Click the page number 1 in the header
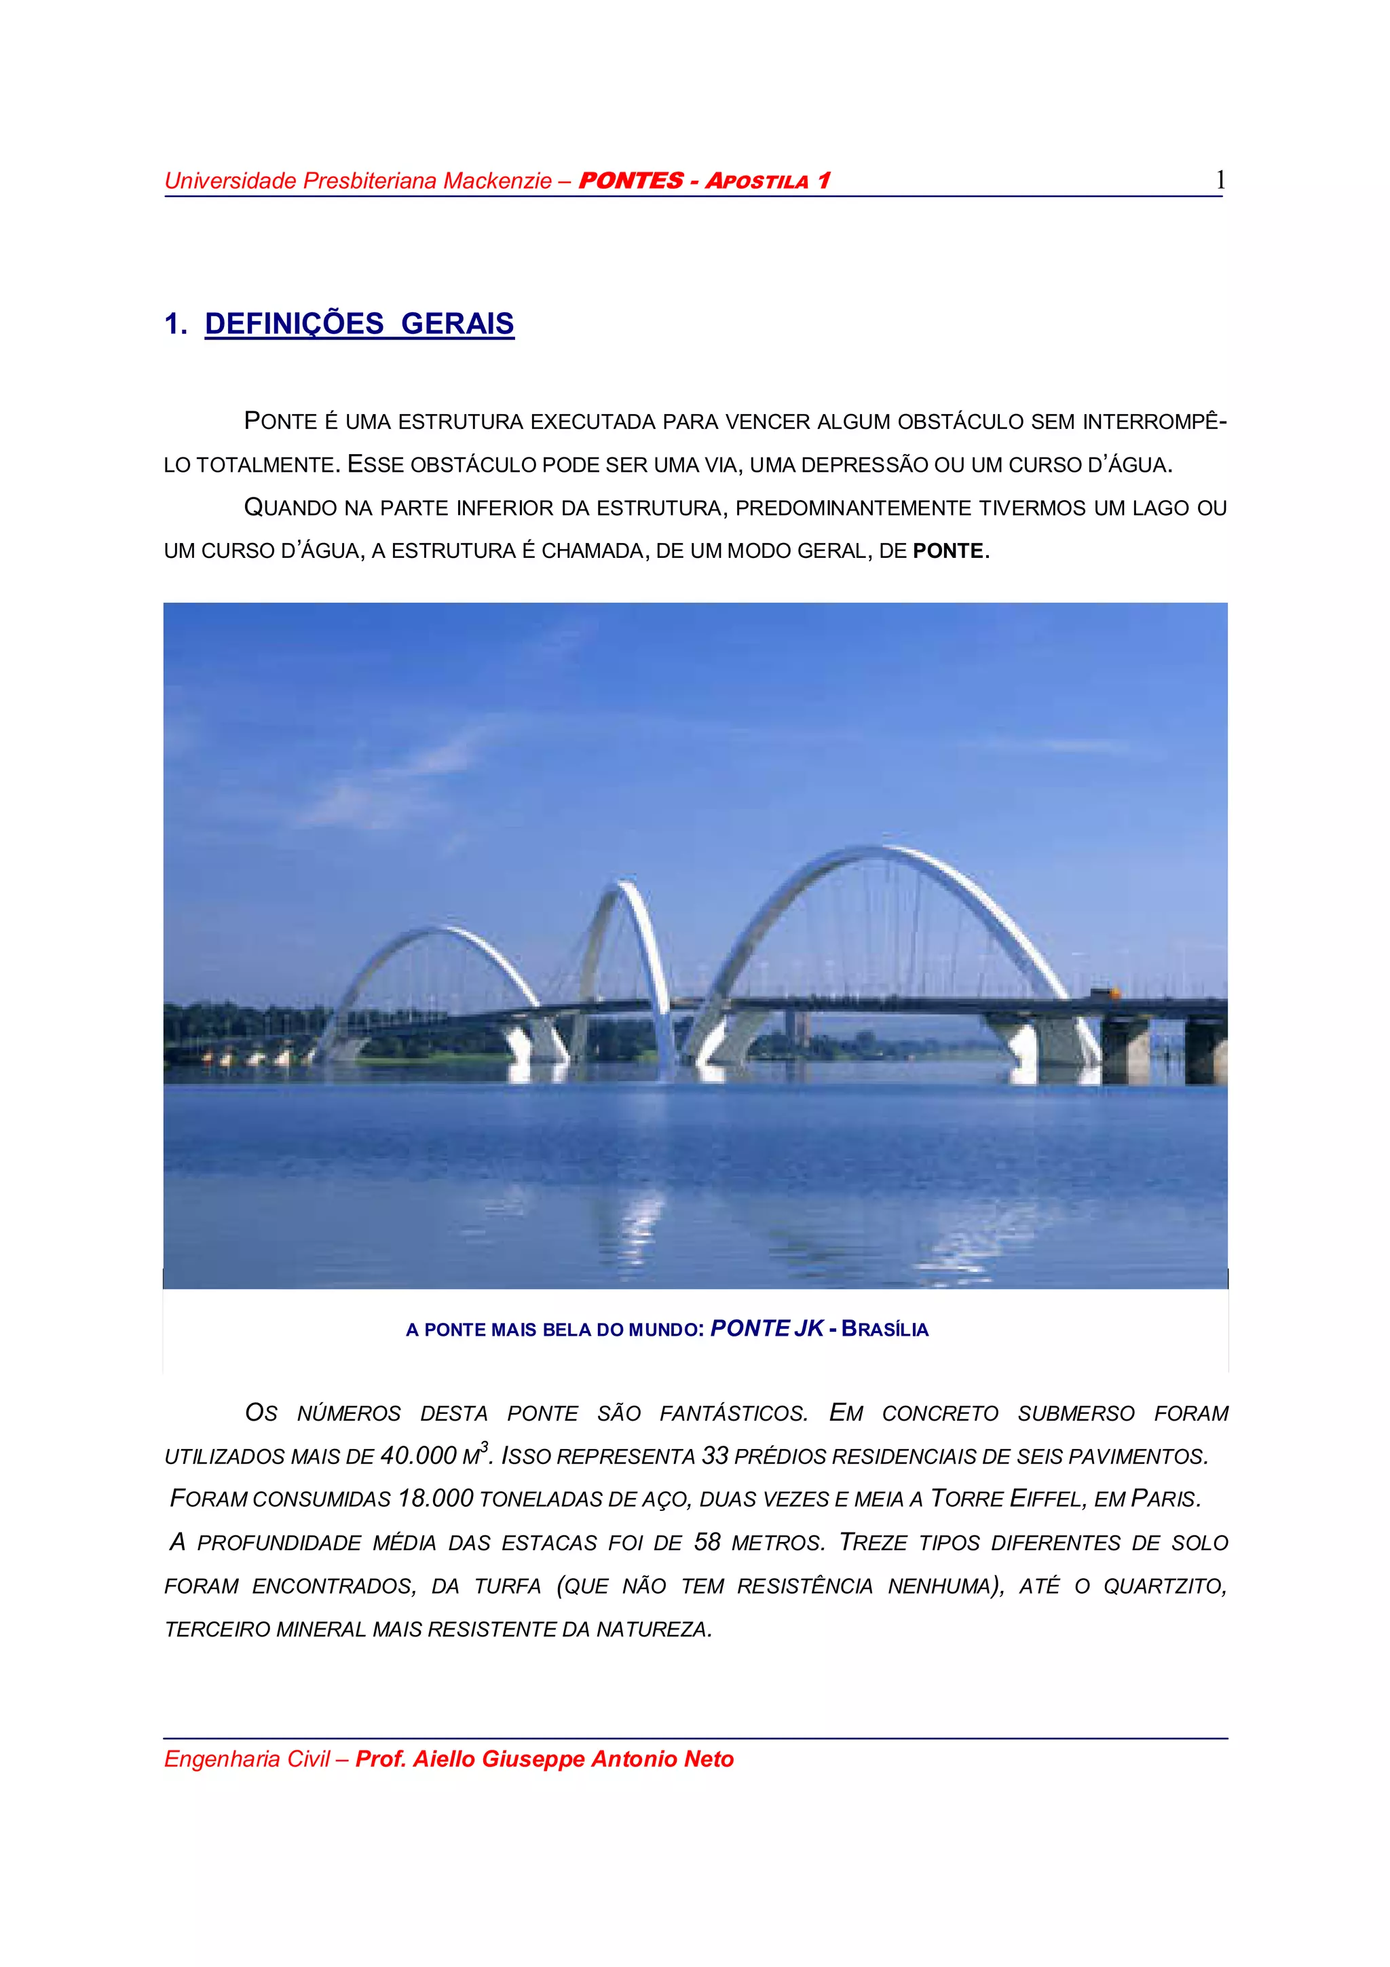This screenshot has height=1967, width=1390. pos(1220,180)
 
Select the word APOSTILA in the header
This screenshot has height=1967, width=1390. pos(756,181)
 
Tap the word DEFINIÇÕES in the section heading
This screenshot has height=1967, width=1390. pos(294,324)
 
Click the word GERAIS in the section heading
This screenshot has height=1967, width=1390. pos(457,324)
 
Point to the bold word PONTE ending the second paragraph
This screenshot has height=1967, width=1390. pos(948,551)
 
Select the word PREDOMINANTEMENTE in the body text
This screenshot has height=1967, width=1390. pos(854,508)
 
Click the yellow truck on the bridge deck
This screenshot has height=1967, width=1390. pos(1104,994)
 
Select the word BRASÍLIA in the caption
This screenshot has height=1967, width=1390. pos(885,1330)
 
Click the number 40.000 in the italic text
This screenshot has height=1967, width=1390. pos(419,1455)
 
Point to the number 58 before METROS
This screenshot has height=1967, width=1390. pos(707,1542)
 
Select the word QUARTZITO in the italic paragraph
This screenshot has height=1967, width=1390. pos(1164,1586)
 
